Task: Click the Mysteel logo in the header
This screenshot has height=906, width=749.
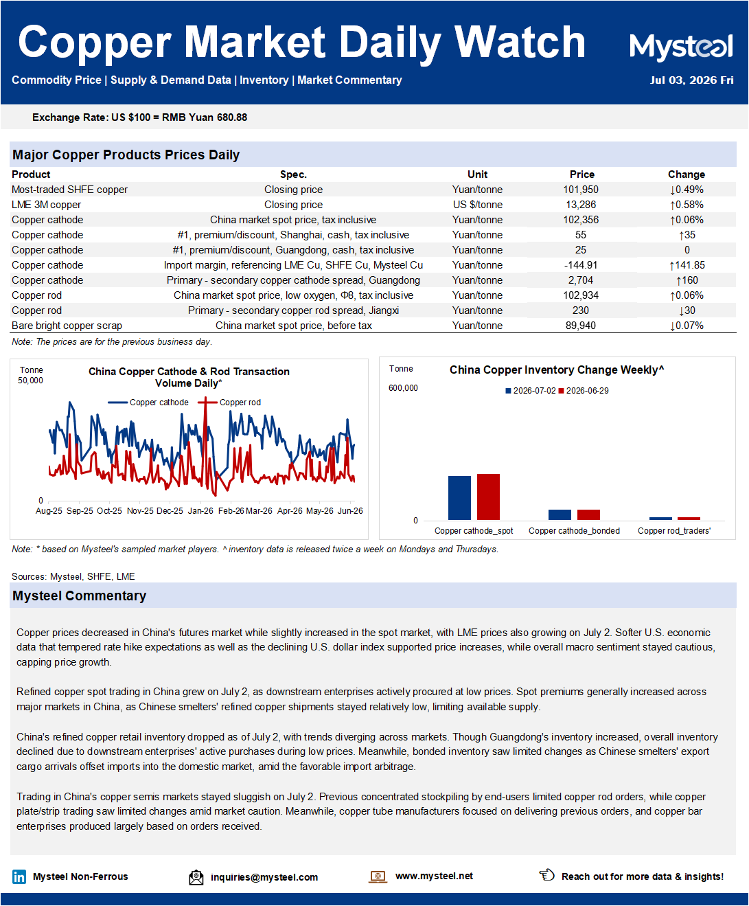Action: coord(681,47)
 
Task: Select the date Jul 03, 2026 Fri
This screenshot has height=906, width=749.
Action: coord(691,80)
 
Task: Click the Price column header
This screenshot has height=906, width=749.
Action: coord(581,174)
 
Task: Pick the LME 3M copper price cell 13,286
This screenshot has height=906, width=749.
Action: coord(581,205)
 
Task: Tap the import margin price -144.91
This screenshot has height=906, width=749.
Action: coord(581,265)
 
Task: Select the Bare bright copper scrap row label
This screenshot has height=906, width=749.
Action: coord(67,326)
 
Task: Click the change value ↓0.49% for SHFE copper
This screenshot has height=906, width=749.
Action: coord(687,190)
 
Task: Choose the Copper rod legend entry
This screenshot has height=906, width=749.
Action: coord(229,403)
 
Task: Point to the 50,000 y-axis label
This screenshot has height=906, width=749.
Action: coord(30,381)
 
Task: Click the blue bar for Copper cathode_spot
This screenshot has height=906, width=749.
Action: coord(459,498)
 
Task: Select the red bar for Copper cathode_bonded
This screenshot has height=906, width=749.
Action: coord(588,514)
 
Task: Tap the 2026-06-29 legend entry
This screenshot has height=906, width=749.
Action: coord(584,391)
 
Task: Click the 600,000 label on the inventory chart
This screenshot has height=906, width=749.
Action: coord(403,388)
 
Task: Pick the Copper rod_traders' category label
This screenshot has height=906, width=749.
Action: coord(674,531)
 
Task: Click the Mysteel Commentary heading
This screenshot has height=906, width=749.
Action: coord(80,596)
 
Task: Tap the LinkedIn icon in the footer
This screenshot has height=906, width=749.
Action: coord(19,876)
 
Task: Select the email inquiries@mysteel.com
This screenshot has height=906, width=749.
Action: coord(264,877)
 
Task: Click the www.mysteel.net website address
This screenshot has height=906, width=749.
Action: coord(434,876)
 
